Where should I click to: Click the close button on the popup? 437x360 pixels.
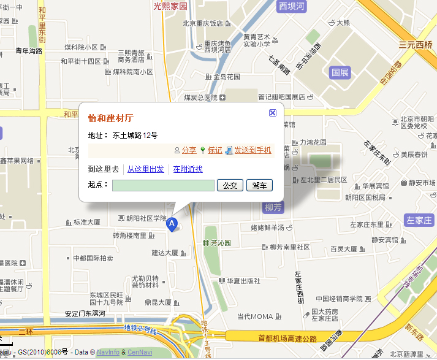[x=273, y=113]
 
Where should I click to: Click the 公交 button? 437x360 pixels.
[x=230, y=185]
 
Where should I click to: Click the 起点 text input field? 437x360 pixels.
[x=163, y=185]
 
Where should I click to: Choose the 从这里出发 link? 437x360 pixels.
[x=145, y=169]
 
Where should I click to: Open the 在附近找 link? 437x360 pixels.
[x=188, y=169]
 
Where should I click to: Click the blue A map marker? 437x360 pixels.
[x=173, y=225]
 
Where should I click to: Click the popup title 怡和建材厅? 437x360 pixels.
[x=111, y=118]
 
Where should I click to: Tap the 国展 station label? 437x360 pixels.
[x=340, y=72]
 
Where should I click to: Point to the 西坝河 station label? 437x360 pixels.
[x=291, y=7]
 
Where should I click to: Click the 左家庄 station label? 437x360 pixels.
[x=419, y=220]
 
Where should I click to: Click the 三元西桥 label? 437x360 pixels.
[x=416, y=45]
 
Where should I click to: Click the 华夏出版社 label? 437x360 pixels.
[x=243, y=281]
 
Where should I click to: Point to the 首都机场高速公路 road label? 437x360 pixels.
[x=287, y=339]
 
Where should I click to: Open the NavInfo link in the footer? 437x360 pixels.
[x=108, y=353]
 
